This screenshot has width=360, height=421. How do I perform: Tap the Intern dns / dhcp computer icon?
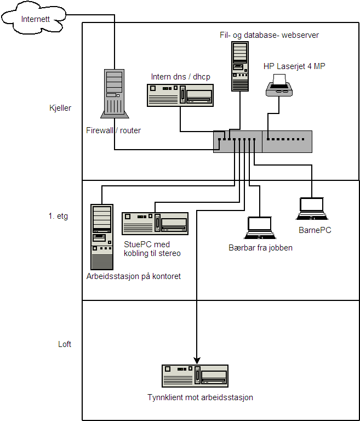[180, 95]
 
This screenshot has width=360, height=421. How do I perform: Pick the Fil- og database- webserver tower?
[239, 66]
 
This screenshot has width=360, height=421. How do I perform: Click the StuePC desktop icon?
[155, 224]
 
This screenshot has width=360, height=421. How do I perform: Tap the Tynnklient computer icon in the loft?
[195, 377]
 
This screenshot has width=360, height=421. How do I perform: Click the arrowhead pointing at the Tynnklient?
[197, 360]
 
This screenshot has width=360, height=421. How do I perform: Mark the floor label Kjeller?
[60, 109]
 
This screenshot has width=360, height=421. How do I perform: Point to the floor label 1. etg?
[58, 216]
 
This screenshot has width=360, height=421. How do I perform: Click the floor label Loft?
[65, 344]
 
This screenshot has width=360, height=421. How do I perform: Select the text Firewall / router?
[113, 130]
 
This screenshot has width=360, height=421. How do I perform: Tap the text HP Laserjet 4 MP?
[294, 66]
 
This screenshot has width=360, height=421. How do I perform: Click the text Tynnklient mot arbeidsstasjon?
[200, 397]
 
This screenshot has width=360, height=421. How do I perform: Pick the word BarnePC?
[315, 230]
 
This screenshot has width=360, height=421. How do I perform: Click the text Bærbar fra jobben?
[260, 248]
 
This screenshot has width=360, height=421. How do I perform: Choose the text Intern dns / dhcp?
[180, 77]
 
